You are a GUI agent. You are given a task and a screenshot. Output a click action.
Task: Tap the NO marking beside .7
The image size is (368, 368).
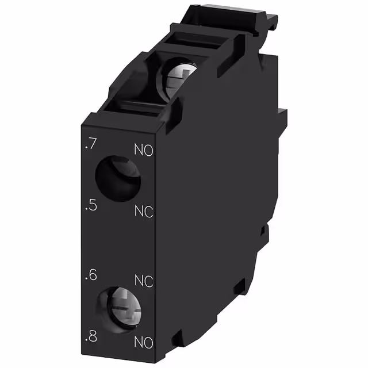point(144,151)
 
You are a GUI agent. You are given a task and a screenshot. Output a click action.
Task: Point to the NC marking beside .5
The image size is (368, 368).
point(144,211)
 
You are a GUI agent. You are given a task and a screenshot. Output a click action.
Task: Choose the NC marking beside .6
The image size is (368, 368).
point(144,281)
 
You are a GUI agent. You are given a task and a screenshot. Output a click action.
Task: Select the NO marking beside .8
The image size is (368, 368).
point(144,343)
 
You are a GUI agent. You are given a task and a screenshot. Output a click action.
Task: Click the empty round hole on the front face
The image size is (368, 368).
point(117,178)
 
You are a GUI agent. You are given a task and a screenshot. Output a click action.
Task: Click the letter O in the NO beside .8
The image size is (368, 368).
point(149,343)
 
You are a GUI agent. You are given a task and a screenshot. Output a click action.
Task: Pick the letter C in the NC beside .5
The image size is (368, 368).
point(149,211)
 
